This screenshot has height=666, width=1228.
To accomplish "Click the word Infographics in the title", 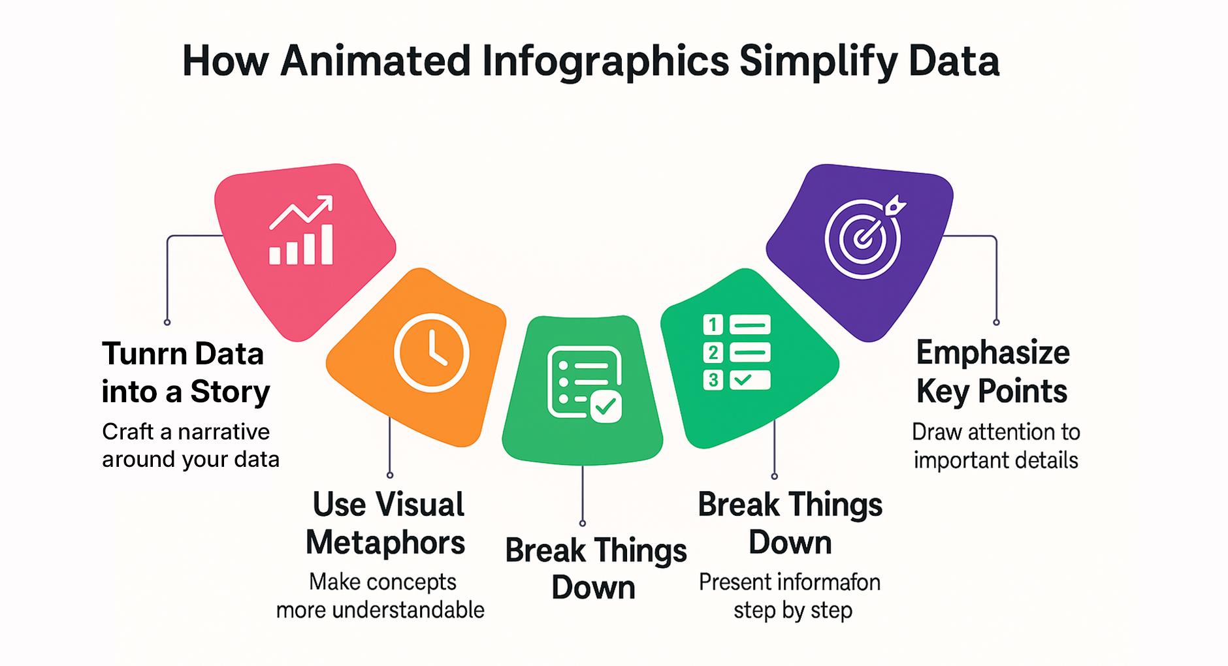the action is click(x=606, y=63).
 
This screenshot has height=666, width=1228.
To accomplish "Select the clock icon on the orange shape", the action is click(x=431, y=353).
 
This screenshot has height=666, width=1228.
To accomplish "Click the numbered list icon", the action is click(x=737, y=352).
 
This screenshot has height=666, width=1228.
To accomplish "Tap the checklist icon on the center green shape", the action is click(x=585, y=384).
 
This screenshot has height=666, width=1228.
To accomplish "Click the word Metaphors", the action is click(x=385, y=543).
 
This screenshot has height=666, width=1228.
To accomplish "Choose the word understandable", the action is click(x=408, y=610).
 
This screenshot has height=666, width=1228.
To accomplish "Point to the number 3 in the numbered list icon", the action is click(x=713, y=380).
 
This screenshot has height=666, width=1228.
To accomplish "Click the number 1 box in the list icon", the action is click(x=713, y=325).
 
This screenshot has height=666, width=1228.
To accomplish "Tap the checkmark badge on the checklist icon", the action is click(x=606, y=407).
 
